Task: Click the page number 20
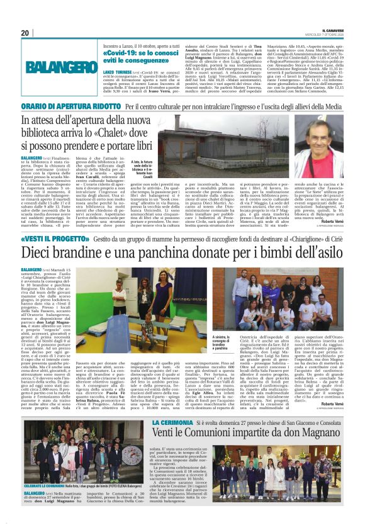tap(25, 33)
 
